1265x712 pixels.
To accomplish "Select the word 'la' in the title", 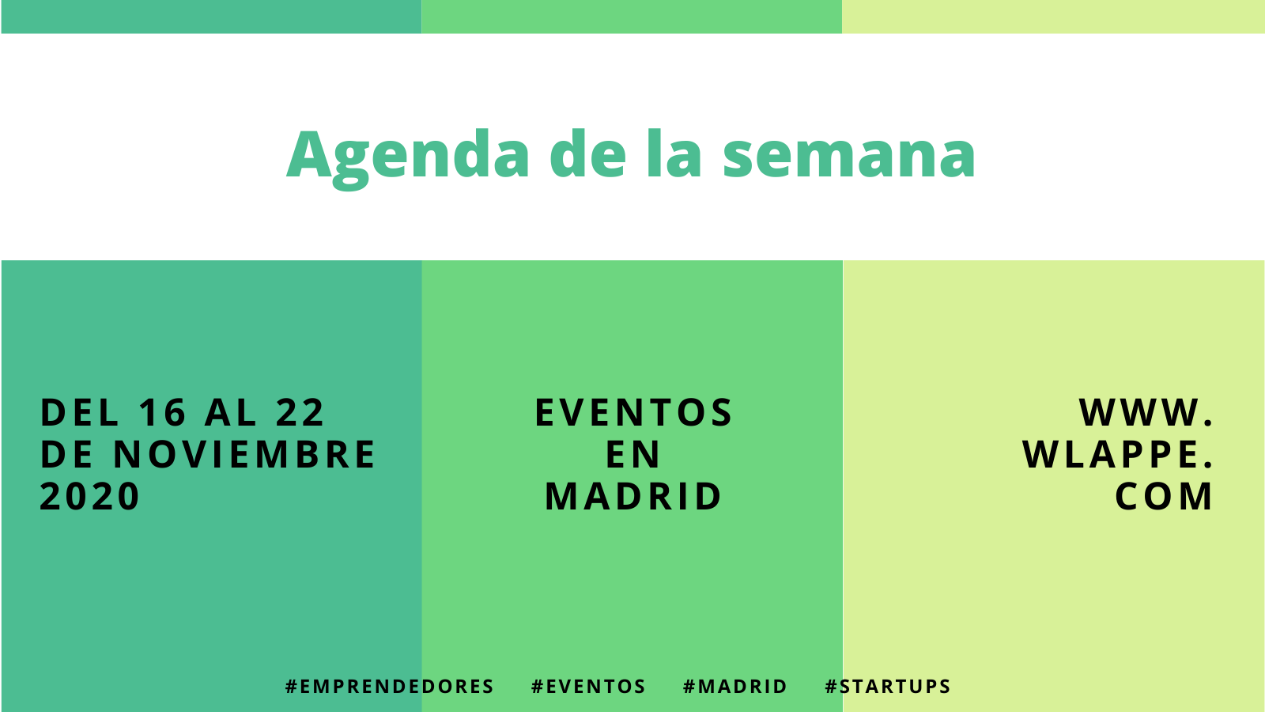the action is [674, 153].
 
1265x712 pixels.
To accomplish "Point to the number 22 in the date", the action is [300, 412].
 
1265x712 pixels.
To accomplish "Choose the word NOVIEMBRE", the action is [244, 454].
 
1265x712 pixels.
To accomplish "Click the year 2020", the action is [89, 496].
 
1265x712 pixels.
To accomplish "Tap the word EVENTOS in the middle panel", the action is [633, 412].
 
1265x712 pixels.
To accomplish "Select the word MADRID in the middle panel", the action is [633, 496].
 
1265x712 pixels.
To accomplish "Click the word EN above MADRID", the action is [632, 454].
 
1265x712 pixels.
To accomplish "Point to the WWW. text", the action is [1146, 412].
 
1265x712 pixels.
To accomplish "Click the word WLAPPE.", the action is [1118, 454].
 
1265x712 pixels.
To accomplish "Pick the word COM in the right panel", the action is [1163, 496].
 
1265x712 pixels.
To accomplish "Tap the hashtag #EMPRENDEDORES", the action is [390, 686].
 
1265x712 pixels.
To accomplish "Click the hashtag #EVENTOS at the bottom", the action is [588, 686].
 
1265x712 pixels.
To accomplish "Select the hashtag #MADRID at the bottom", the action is [734, 686].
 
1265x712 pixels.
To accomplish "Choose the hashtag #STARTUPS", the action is [888, 686].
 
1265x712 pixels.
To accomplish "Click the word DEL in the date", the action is [80, 412].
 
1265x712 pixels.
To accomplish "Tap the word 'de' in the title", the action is [588, 153].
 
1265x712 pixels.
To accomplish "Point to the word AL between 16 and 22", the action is [230, 412].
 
